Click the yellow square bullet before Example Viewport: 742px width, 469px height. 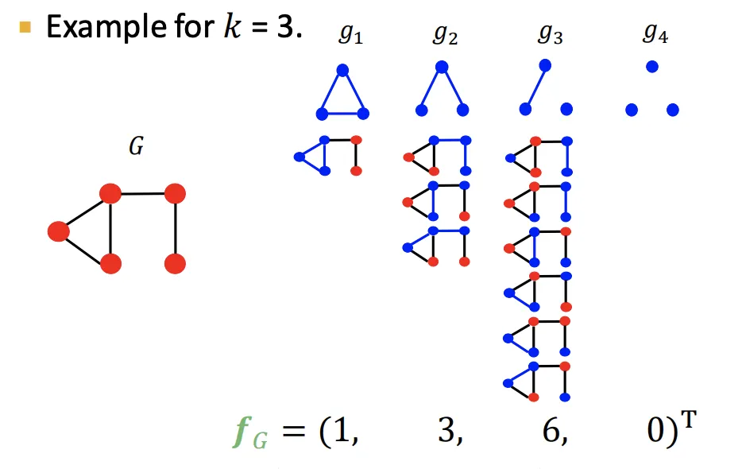coord(25,29)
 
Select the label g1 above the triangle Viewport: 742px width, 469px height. coord(350,35)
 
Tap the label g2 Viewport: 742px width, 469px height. coord(445,35)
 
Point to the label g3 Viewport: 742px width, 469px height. coord(550,35)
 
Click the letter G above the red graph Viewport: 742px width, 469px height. coord(136,147)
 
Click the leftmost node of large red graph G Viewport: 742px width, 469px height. coord(58,231)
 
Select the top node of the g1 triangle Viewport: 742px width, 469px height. coord(342,70)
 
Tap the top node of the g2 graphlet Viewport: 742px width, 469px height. coord(442,68)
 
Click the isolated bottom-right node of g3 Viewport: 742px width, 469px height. coord(566,109)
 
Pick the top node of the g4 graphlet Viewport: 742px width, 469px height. coord(652,68)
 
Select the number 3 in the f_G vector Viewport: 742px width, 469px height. coord(446,436)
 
